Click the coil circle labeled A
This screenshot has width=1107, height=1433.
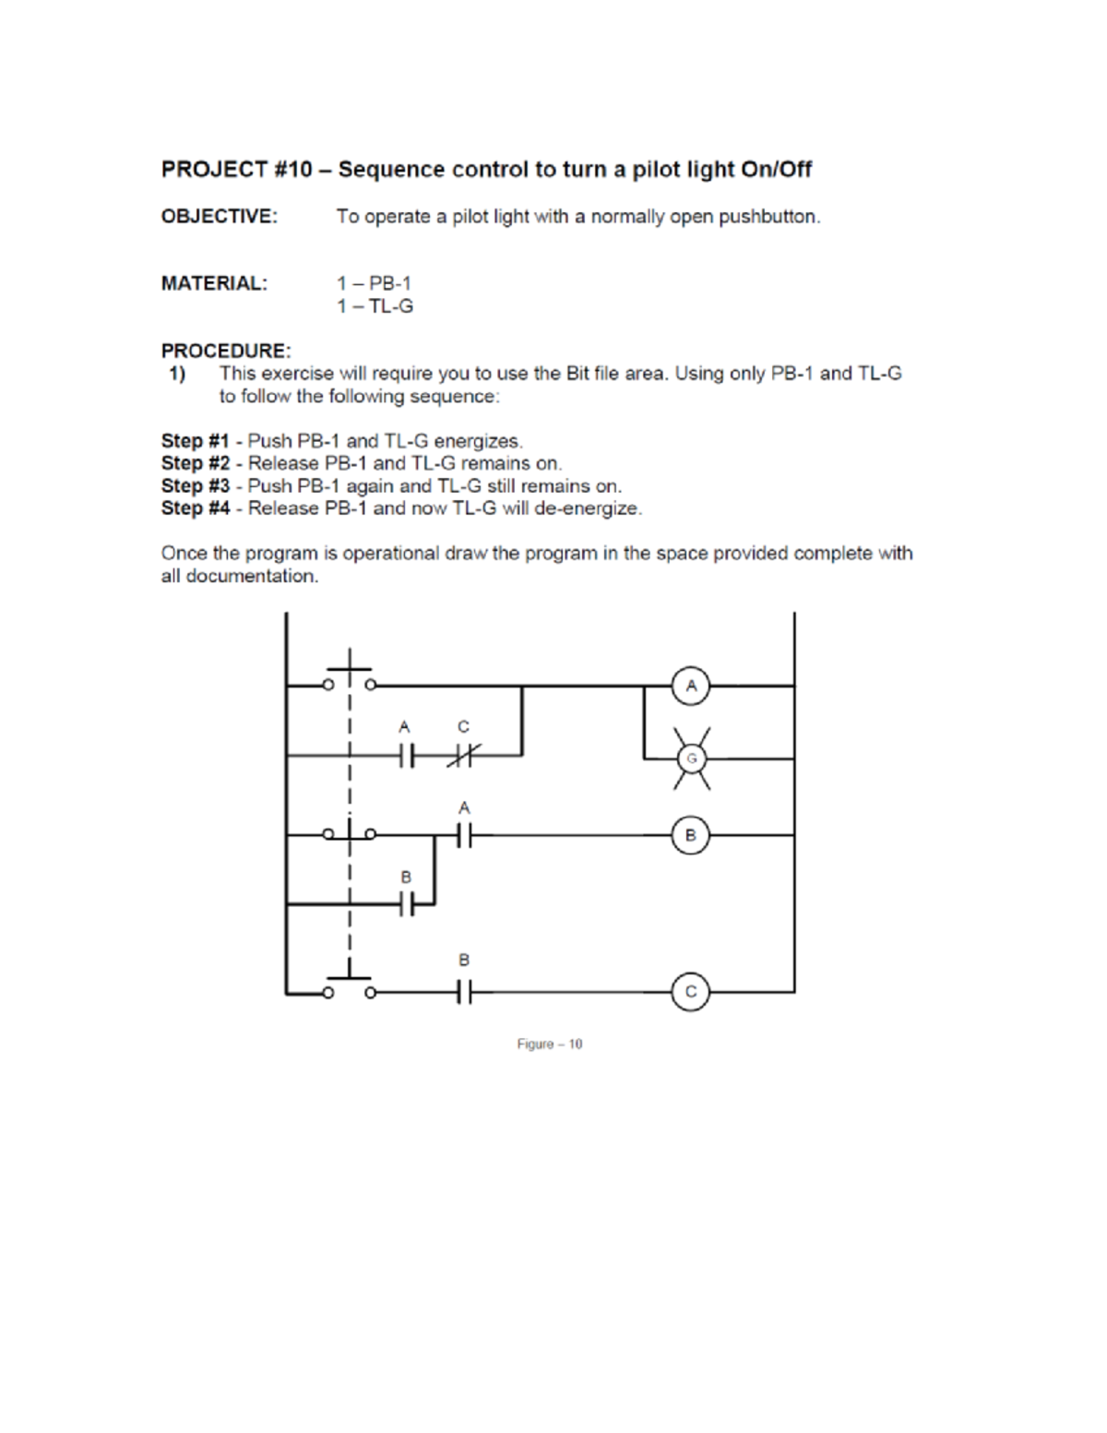pyautogui.click(x=691, y=686)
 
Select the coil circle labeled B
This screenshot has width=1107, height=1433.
pyautogui.click(x=691, y=836)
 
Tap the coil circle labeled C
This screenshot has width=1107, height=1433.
pyautogui.click(x=691, y=992)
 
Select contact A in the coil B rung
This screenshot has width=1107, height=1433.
pyautogui.click(x=464, y=836)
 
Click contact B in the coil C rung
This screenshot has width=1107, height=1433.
pyautogui.click(x=464, y=993)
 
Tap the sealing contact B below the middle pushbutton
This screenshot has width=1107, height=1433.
pyautogui.click(x=407, y=905)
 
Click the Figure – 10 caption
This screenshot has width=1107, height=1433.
pyautogui.click(x=550, y=1045)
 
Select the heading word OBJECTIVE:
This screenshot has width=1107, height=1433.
pyautogui.click(x=219, y=217)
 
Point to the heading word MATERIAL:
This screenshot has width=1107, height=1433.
pyautogui.click(x=214, y=283)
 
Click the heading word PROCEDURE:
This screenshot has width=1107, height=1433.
pyautogui.click(x=226, y=351)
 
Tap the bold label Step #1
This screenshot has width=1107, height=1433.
pyautogui.click(x=195, y=441)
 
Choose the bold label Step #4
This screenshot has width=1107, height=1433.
pyautogui.click(x=195, y=508)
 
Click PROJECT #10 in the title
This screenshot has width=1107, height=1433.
pyautogui.click(x=237, y=170)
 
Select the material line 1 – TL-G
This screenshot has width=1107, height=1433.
pyautogui.click(x=375, y=306)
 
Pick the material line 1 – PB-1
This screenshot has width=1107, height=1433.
pyautogui.click(x=374, y=283)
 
